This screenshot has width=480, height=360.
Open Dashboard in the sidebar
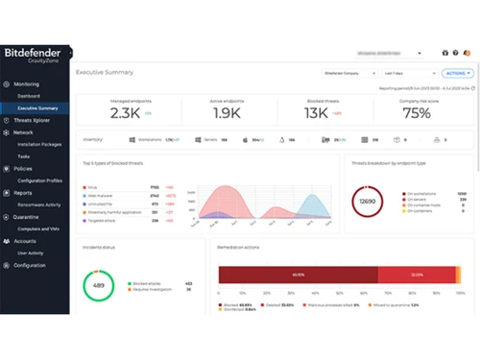click(x=28, y=96)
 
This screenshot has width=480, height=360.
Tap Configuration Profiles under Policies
click(x=39, y=180)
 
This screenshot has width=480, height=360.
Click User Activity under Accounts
click(x=31, y=252)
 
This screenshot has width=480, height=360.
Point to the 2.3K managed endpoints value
click(x=125, y=113)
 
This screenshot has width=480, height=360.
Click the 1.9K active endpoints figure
click(x=227, y=113)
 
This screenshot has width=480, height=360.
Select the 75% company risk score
click(x=417, y=113)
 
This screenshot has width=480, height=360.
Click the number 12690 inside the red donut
click(x=368, y=203)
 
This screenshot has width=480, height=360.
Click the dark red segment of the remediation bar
click(x=298, y=275)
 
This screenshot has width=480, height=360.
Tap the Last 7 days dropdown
click(x=404, y=73)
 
